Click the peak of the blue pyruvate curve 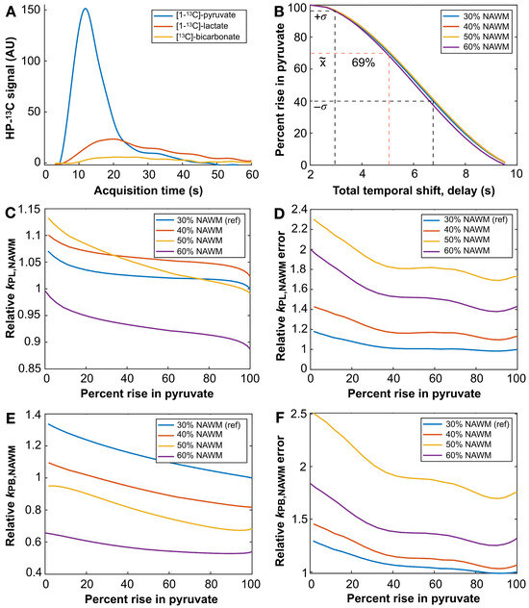point(86,10)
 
